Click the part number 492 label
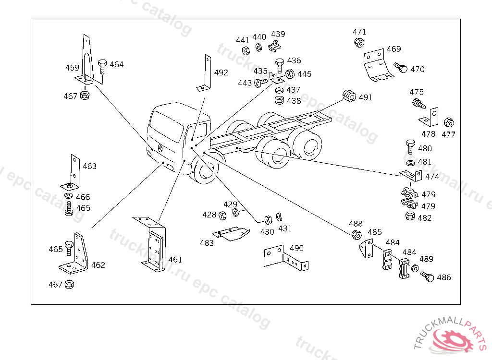[221, 73]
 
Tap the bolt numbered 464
[102, 66]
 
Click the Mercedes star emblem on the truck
[160, 148]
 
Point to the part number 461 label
[175, 260]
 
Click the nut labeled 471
[358, 42]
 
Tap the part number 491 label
[366, 97]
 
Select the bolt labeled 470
[400, 67]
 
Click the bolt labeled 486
[427, 276]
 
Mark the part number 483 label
[207, 243]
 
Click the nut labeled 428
[222, 216]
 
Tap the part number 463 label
[89, 166]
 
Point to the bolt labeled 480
[410, 147]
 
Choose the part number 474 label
[432, 177]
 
